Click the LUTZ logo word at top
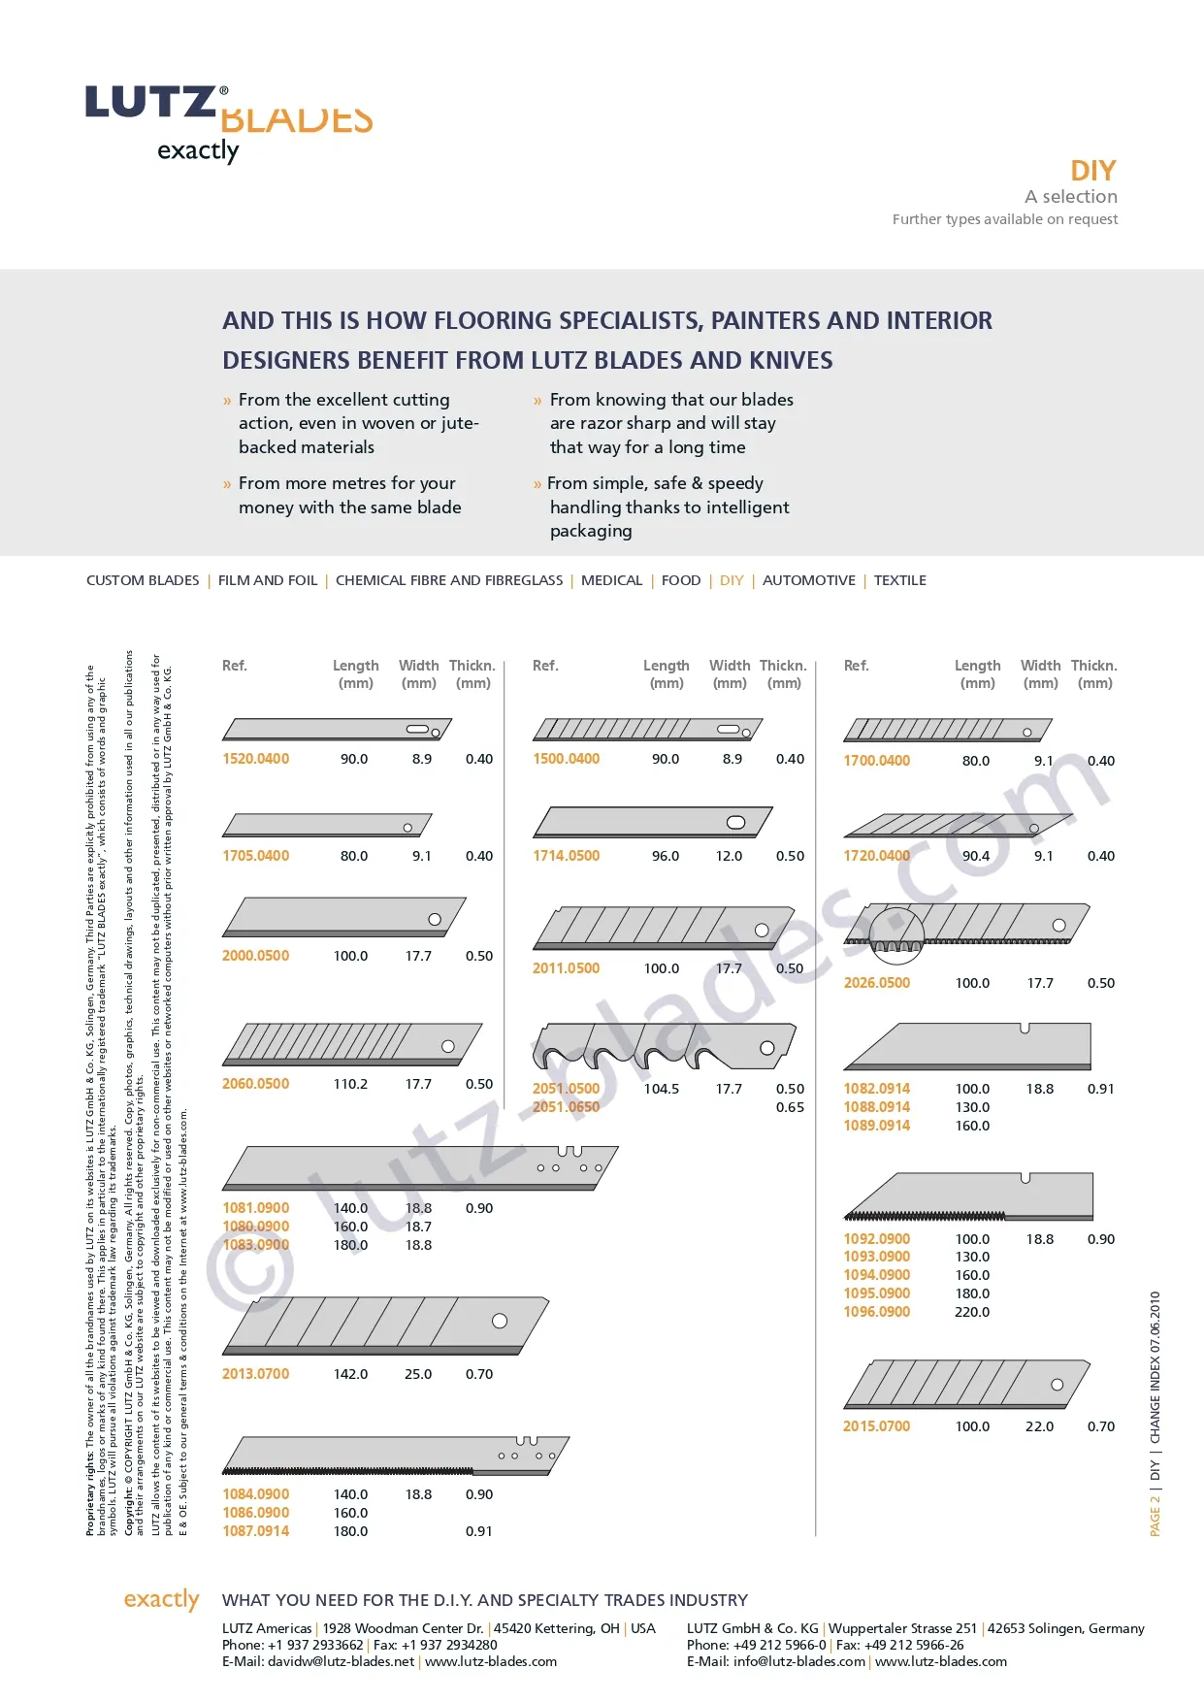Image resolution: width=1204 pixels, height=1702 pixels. click(151, 103)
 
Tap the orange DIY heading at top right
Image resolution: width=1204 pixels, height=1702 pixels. click(1092, 171)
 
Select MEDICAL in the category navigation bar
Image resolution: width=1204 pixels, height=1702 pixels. click(611, 580)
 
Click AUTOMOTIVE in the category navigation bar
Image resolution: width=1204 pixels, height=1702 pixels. click(808, 580)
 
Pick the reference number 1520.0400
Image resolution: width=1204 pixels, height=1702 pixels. click(255, 759)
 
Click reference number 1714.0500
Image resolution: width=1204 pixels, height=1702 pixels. click(566, 856)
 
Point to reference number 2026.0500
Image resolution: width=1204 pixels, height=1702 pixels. click(876, 983)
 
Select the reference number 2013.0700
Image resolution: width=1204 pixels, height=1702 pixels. click(255, 1374)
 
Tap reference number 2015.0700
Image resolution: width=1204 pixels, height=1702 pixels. click(876, 1426)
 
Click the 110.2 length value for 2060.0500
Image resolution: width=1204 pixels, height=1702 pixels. click(350, 1084)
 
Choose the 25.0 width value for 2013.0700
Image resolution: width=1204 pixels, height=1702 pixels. click(418, 1374)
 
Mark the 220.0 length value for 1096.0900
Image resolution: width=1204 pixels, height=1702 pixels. click(972, 1312)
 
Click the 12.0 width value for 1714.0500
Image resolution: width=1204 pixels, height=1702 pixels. click(729, 856)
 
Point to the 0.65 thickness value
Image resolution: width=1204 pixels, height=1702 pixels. click(790, 1107)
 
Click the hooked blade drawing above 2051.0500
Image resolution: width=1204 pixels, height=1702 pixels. click(664, 1046)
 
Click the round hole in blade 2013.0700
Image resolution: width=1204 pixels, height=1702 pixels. click(500, 1321)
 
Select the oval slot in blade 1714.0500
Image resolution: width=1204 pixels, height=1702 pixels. click(736, 823)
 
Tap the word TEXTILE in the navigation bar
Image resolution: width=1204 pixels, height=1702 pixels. click(899, 580)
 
